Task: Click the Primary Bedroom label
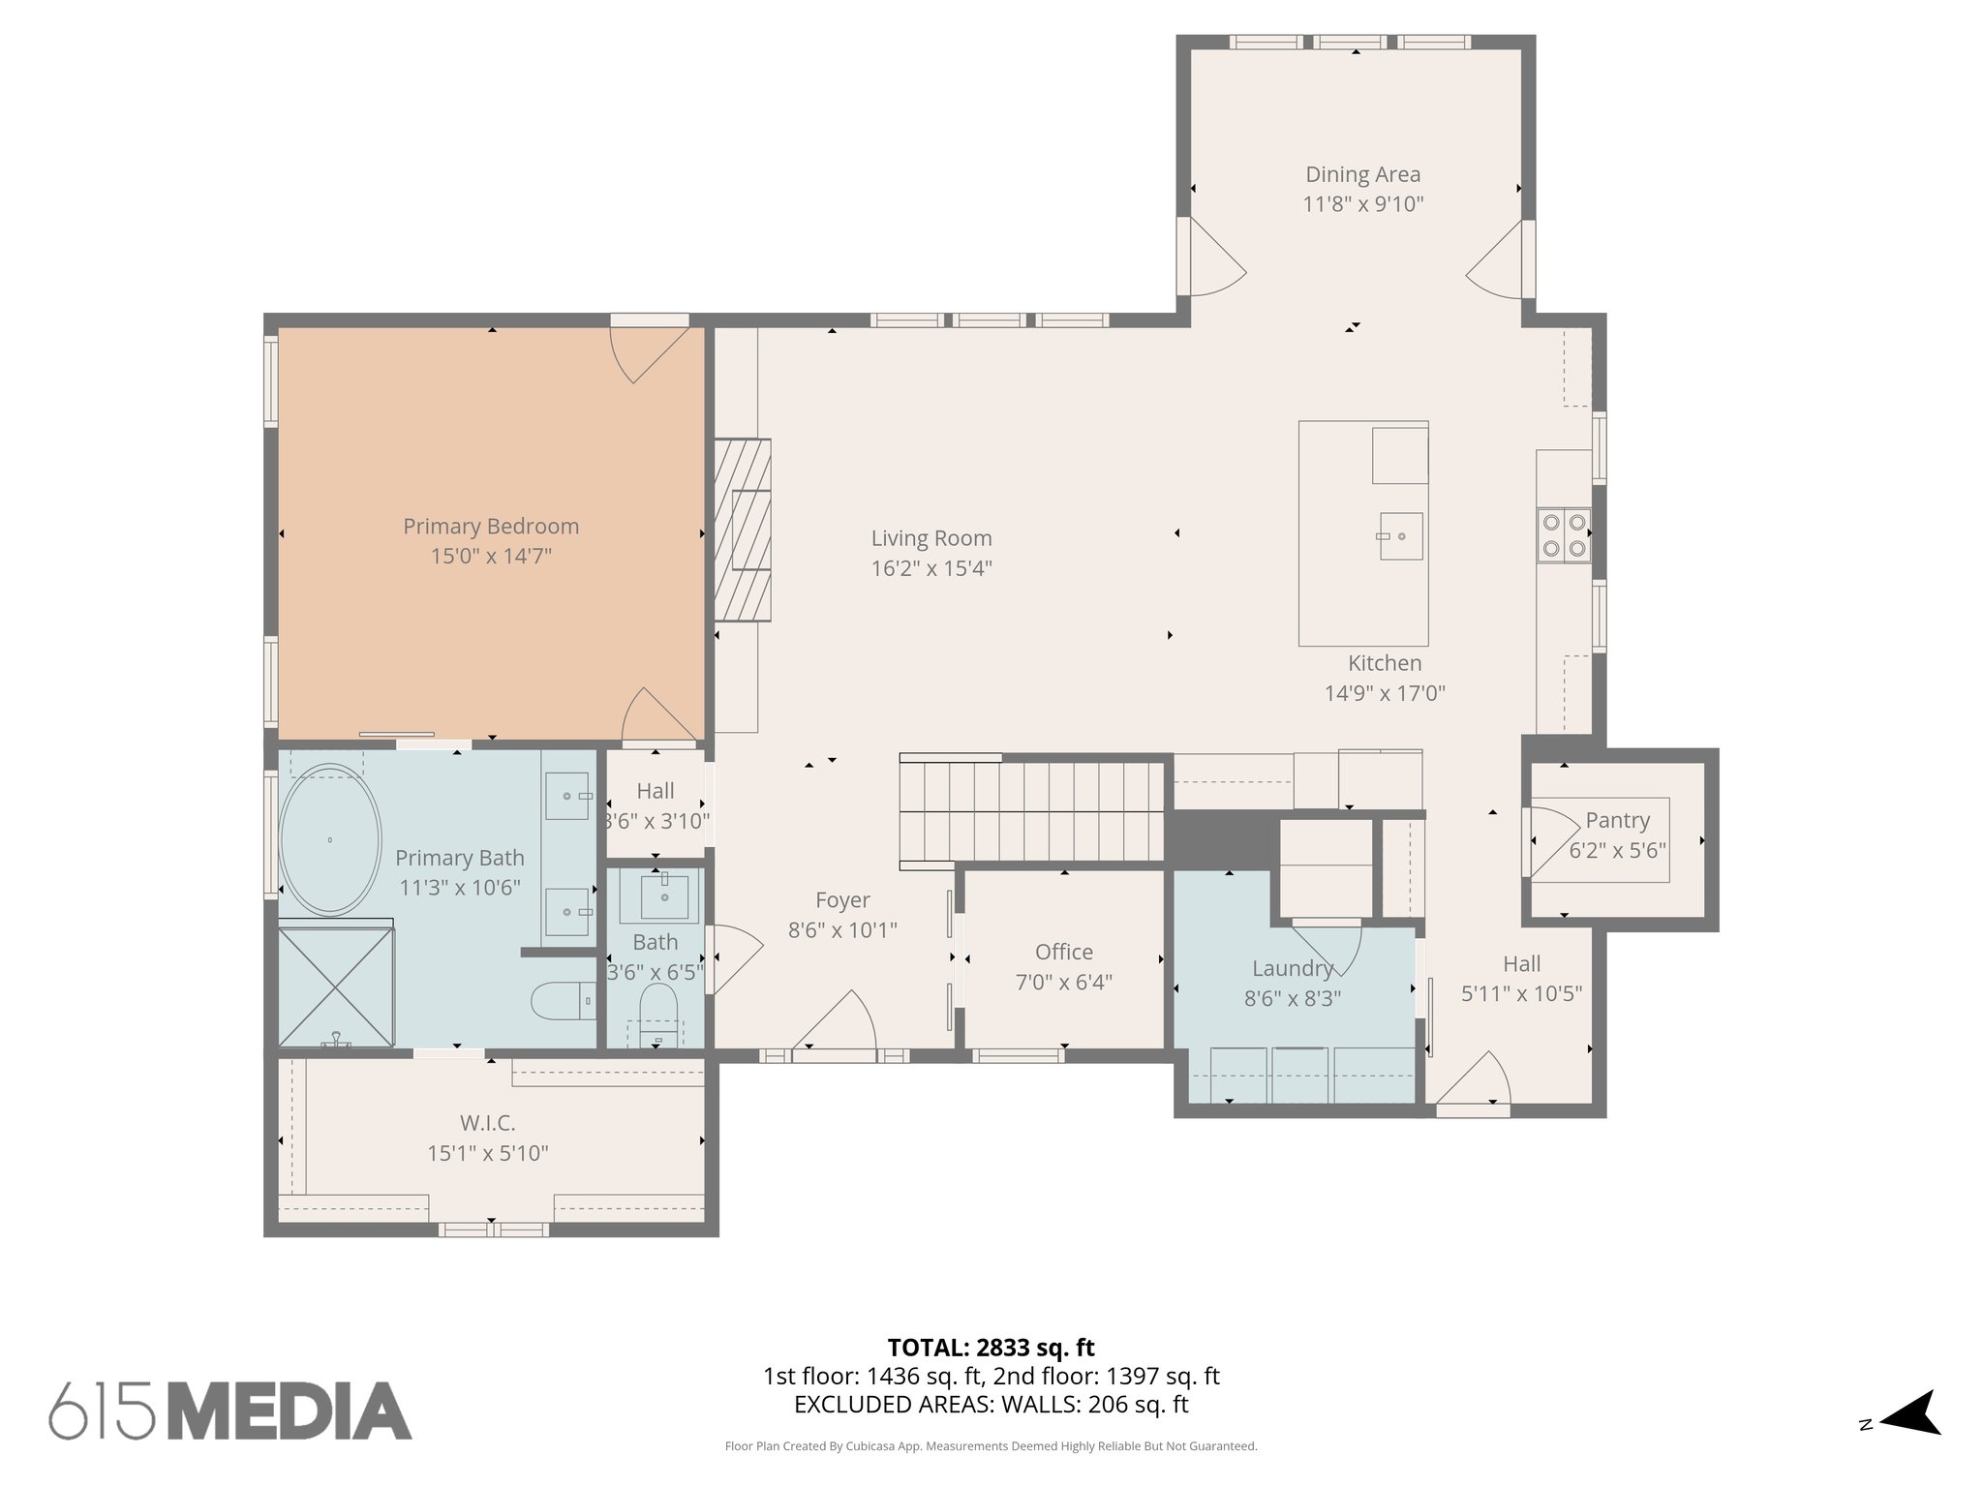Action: tap(491, 527)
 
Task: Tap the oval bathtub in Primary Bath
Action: tap(330, 839)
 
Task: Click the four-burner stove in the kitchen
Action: tap(1564, 535)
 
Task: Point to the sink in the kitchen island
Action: tap(1400, 535)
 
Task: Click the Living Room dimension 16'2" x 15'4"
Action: tap(930, 568)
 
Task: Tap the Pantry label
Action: tap(1617, 821)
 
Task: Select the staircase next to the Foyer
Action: tap(1032, 811)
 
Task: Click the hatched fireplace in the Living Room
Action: tap(743, 530)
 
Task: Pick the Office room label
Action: tap(1063, 952)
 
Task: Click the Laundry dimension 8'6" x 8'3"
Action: tap(1292, 998)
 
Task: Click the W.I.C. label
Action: tap(487, 1123)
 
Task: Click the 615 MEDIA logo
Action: tap(230, 1411)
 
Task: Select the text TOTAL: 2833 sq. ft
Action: tap(991, 1348)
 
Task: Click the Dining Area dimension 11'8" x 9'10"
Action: tap(1362, 204)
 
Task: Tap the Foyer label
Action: tap(842, 900)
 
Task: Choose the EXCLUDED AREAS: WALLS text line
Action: tap(991, 1405)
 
